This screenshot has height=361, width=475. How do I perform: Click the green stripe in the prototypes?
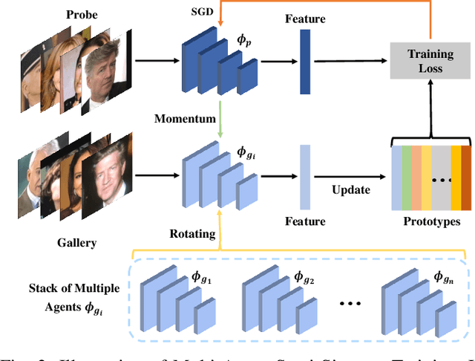pos(407,178)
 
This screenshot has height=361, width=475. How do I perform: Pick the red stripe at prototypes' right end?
pos(465,178)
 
